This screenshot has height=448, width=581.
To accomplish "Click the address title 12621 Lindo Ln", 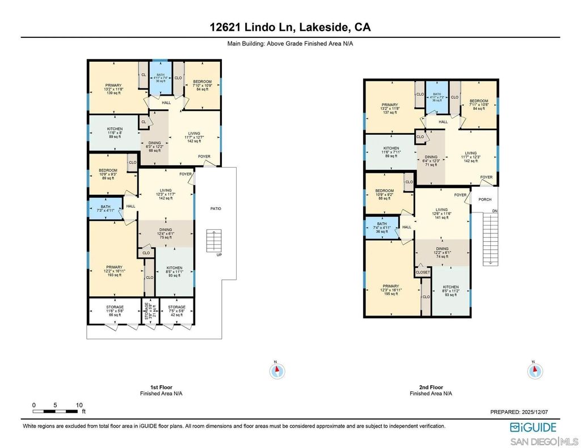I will [290, 27].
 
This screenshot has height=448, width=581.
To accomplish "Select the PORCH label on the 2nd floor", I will [485, 199].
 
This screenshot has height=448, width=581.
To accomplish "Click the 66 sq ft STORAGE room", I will [114, 310].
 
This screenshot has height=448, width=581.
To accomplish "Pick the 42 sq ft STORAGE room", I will [176, 310].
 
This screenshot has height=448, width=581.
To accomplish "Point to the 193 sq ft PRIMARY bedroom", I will [114, 270].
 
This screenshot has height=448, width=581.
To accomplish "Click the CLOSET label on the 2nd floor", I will [423, 272].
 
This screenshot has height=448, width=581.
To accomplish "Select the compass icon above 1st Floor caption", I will [277, 371].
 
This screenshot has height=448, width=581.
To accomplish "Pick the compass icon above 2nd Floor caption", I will [534, 371].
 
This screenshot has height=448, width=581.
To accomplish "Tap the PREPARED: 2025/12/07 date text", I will [524, 412].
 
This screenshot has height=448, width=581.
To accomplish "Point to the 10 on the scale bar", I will [78, 406].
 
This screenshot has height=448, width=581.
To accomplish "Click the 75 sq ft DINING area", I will [166, 233].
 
